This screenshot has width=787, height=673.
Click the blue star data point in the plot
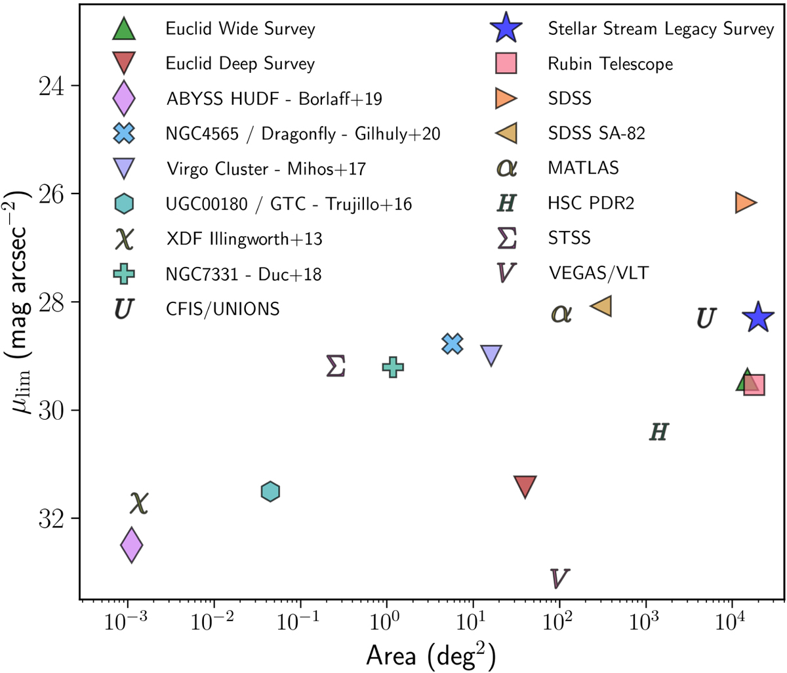759,318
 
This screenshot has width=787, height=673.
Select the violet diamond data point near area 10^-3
132,544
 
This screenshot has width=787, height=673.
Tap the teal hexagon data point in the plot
270,491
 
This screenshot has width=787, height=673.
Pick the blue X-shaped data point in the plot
453,343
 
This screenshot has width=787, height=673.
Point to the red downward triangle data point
525,486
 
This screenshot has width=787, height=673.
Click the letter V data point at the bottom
559,579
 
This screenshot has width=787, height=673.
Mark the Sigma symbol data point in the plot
336,366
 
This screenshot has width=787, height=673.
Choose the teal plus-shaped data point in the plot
392,367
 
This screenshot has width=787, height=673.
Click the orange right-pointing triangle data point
746,203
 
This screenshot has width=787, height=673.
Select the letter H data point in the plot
659,432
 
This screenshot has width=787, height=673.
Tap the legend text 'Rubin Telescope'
610,64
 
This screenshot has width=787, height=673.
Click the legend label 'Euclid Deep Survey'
240,64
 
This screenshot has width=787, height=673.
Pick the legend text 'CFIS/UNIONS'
223,308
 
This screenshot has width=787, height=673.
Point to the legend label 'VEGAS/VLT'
598,273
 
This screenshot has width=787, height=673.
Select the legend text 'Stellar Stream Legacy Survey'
660,29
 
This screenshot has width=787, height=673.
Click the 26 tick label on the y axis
50,194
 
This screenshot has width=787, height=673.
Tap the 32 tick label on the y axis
50,519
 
